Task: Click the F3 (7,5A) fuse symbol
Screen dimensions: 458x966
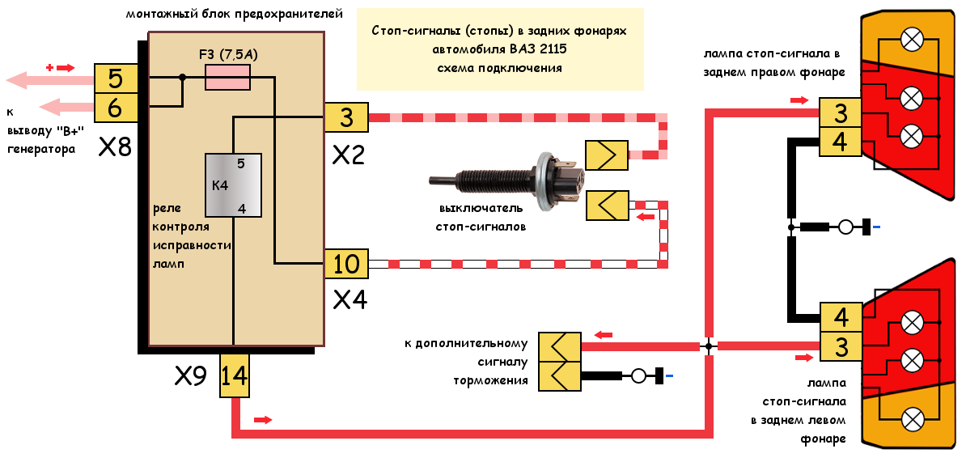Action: (228, 78)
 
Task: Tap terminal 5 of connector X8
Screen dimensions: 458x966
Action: (115, 79)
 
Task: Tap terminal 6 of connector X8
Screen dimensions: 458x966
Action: (115, 106)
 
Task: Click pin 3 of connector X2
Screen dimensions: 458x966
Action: (346, 117)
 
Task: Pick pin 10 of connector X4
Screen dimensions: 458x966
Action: (346, 264)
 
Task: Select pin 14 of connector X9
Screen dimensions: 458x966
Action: (235, 376)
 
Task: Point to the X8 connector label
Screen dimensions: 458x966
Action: (115, 147)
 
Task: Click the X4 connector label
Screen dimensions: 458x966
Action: (350, 300)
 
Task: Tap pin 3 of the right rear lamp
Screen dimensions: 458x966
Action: (841, 112)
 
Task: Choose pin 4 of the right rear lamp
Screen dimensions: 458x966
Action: (841, 142)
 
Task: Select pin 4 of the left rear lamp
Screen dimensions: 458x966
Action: (841, 317)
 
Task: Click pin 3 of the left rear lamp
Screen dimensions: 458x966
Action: (841, 347)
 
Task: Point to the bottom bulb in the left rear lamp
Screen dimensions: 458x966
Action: (913, 418)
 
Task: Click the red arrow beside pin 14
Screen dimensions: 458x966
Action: (263, 420)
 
